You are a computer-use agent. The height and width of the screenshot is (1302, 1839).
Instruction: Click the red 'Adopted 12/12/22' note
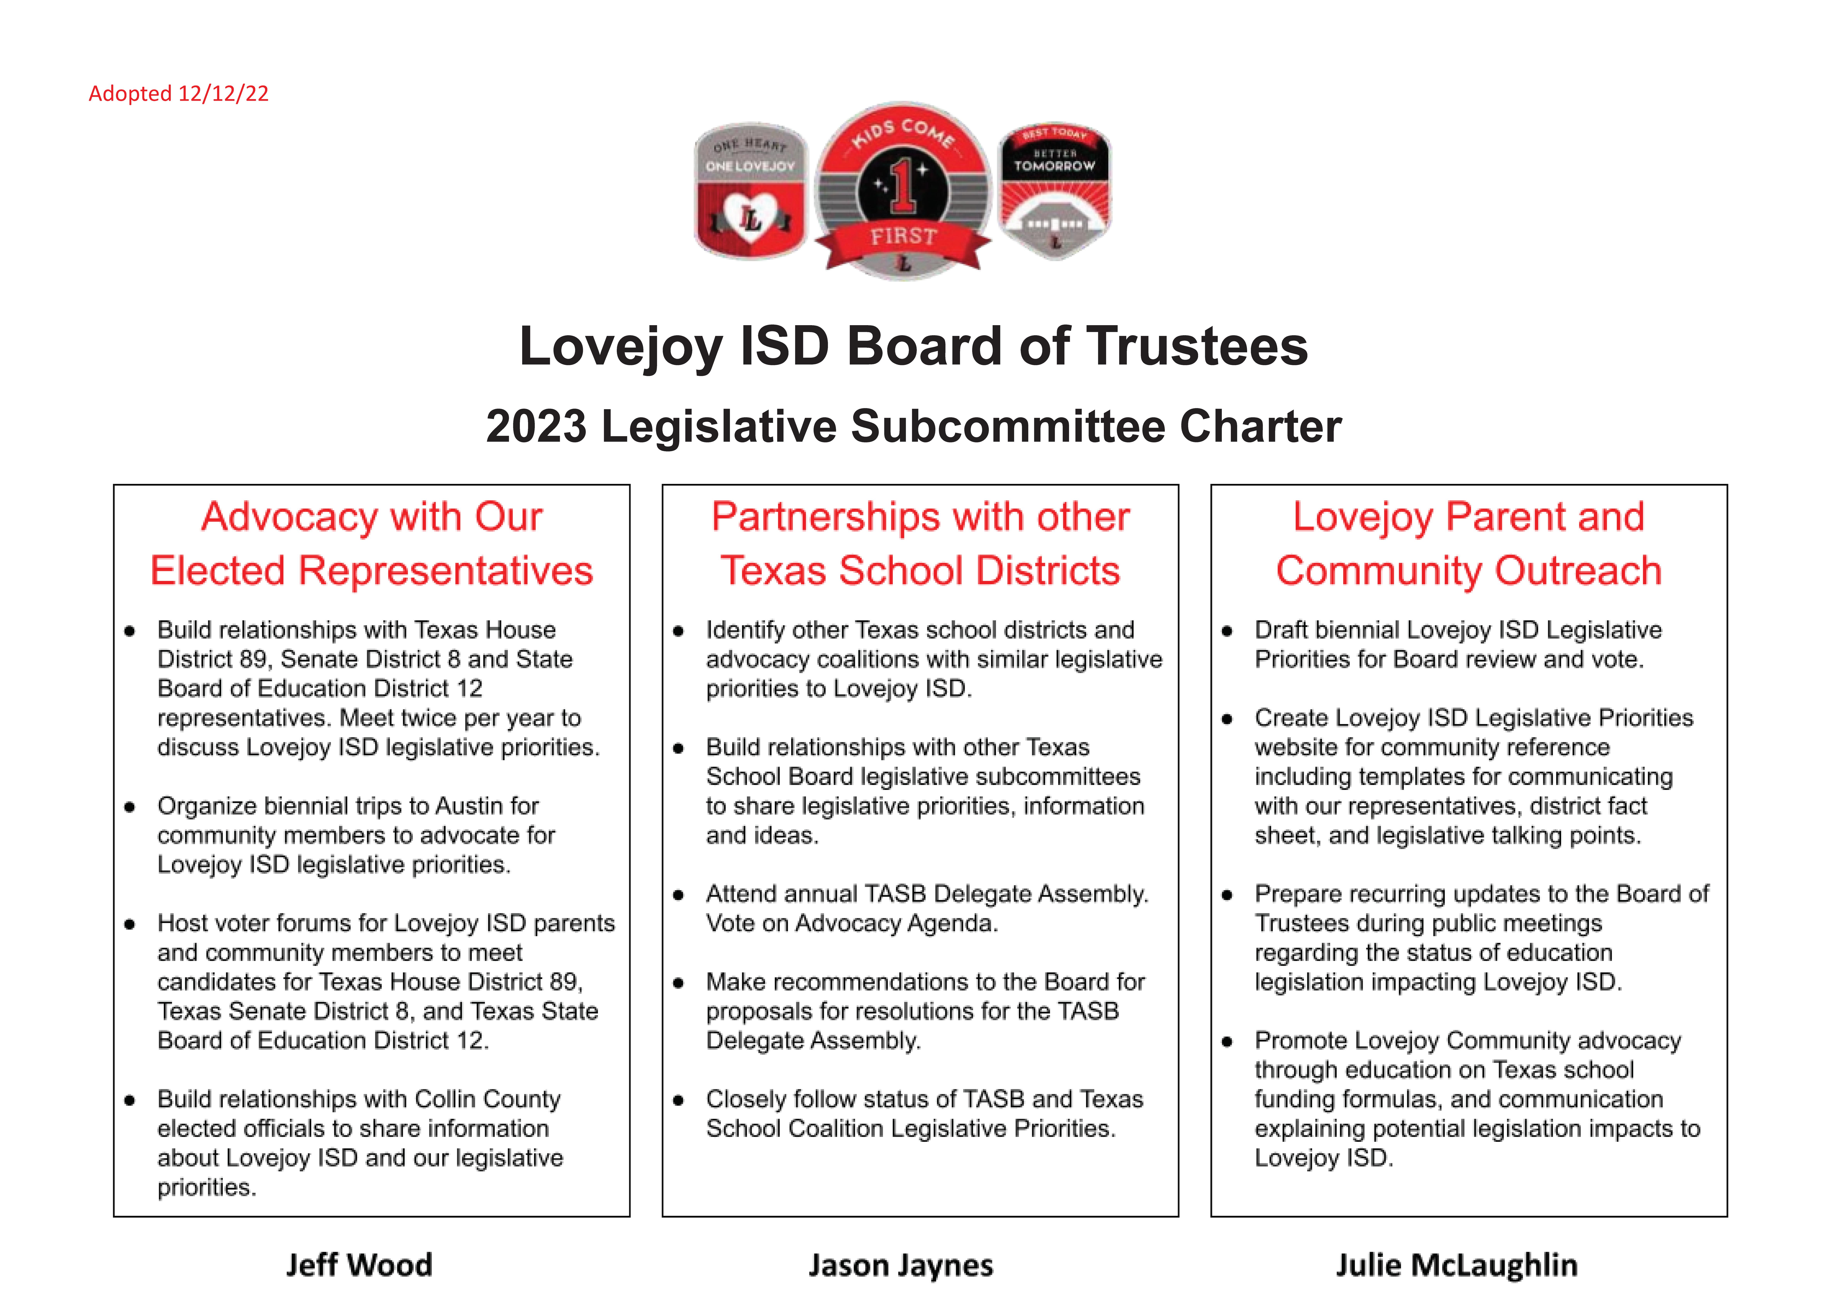pyautogui.click(x=178, y=94)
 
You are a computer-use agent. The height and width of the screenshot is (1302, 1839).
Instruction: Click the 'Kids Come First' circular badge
pyautogui.click(x=903, y=191)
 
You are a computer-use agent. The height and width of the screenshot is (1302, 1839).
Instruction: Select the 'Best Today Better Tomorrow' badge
pyautogui.click(x=1054, y=191)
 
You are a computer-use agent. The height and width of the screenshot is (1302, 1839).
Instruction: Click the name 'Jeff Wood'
pyautogui.click(x=359, y=1265)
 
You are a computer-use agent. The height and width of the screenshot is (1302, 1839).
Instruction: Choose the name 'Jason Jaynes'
pyautogui.click(x=900, y=1265)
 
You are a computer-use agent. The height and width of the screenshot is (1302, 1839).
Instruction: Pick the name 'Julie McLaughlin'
pyautogui.click(x=1456, y=1265)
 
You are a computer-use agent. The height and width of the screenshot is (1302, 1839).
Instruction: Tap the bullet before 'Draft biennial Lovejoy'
pyautogui.click(x=1226, y=631)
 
